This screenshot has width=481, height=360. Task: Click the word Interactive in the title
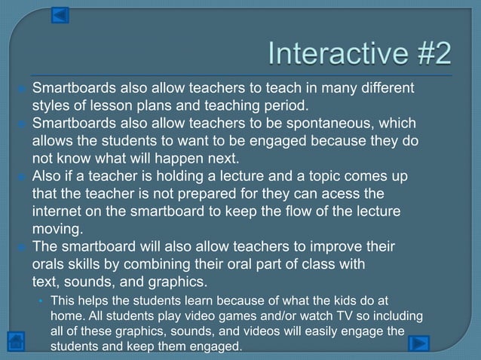coord(331,53)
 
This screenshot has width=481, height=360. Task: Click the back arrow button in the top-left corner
coord(60,15)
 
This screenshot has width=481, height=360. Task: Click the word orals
coord(51,264)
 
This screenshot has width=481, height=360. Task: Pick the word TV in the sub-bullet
coord(333,317)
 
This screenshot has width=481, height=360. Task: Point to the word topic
coord(321,176)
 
